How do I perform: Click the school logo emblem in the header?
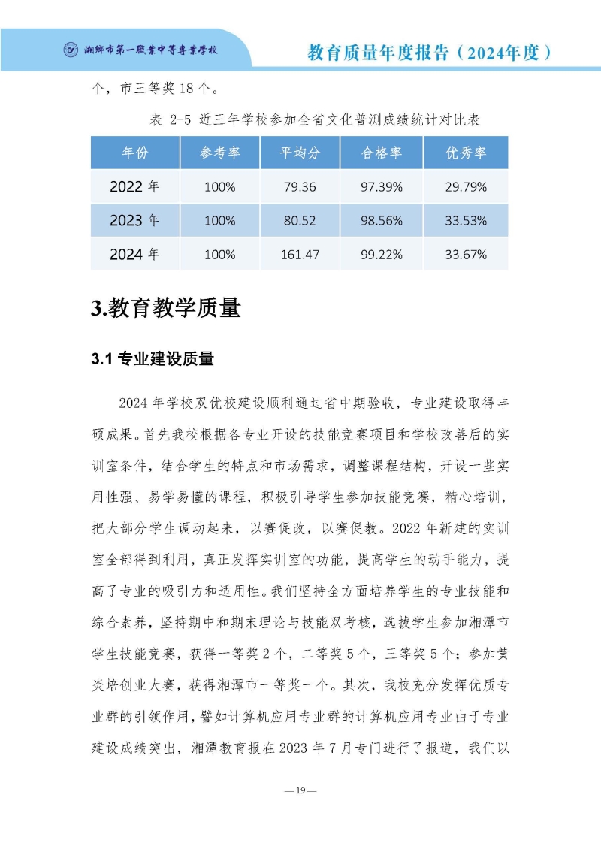(71, 50)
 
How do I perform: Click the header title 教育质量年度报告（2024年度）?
(430, 52)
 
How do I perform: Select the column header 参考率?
(219, 153)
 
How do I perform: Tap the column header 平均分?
(300, 153)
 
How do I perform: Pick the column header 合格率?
(382, 153)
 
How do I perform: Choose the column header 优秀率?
(466, 153)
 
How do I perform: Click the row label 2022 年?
(134, 186)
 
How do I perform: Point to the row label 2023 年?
(134, 221)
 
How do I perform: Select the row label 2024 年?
(134, 255)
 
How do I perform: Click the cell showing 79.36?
(300, 186)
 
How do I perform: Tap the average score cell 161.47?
(300, 255)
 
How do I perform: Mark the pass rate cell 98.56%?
(382, 221)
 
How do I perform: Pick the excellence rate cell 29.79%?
(466, 186)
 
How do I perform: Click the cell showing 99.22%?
(382, 255)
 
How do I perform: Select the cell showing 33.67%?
(466, 255)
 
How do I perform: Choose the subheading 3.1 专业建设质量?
(153, 359)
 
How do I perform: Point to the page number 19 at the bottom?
(300, 790)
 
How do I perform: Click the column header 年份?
(135, 153)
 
